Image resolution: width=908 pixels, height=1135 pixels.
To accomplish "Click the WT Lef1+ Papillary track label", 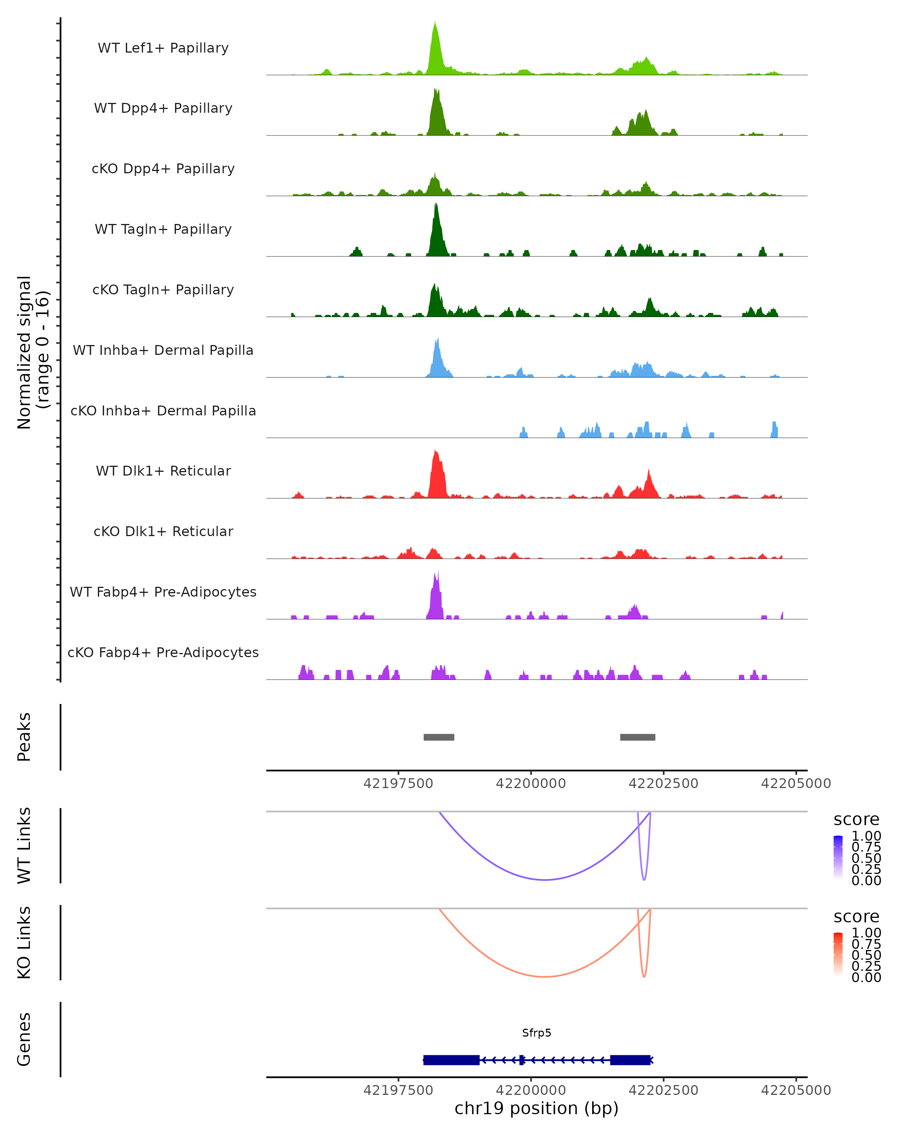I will [163, 48].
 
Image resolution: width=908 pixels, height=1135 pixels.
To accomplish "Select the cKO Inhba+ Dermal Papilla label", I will [163, 410].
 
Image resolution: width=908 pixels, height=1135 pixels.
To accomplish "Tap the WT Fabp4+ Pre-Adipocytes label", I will [163, 592].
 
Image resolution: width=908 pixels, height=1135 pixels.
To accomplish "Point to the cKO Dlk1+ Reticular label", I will [163, 531].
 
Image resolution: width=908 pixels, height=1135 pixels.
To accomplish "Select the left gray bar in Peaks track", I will [439, 737].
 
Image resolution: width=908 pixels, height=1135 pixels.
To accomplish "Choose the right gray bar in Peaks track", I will [637, 737].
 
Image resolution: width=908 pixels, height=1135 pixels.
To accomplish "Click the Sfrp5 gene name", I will [536, 1033].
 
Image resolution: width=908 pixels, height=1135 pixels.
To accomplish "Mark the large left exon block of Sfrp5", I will [451, 1060].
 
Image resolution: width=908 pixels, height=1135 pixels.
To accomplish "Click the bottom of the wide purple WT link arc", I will [545, 879].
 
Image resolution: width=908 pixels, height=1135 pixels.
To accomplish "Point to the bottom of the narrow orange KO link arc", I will [644, 976].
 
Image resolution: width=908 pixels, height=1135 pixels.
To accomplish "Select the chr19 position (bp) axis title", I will [536, 1109].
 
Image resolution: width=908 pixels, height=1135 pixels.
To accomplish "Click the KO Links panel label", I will [24, 942].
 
